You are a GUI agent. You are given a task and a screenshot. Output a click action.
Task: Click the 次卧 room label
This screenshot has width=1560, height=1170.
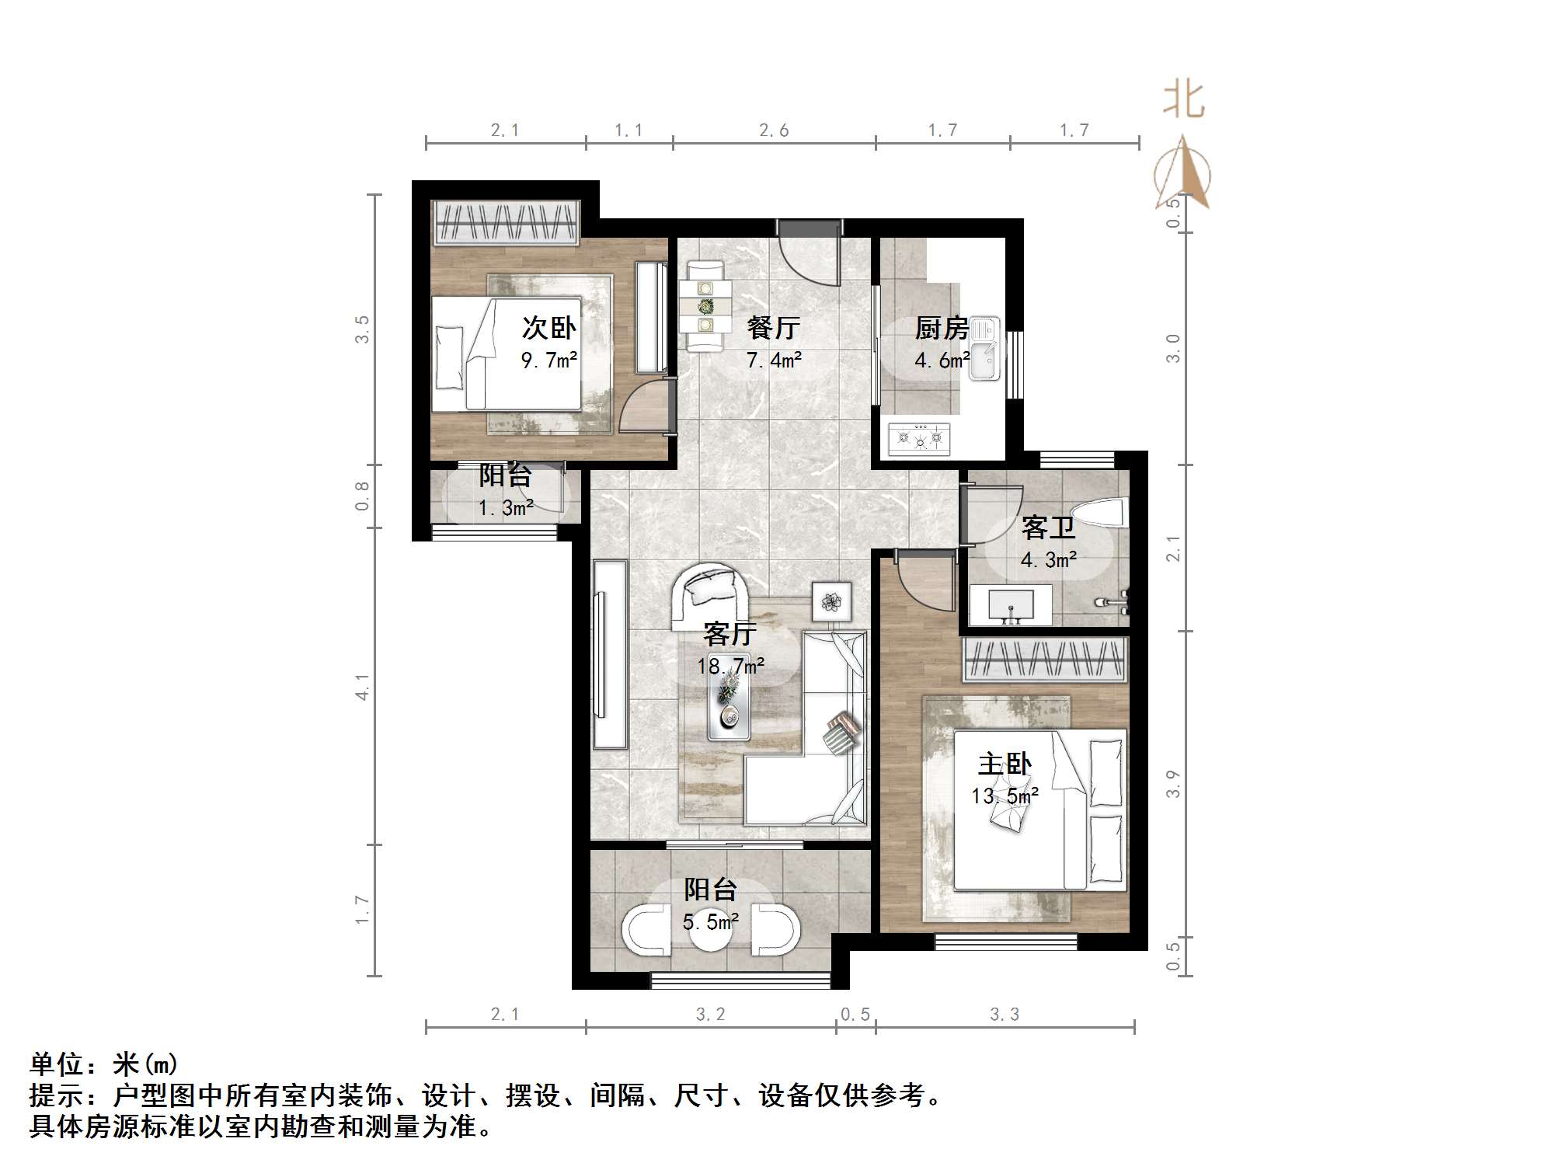point(548,328)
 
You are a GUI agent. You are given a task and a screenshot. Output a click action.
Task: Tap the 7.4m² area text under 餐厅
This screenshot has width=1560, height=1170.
point(774,360)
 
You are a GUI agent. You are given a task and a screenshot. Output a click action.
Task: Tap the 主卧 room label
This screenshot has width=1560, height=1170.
point(1005,764)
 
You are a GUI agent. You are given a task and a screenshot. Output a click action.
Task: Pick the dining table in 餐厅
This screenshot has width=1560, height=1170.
point(705,306)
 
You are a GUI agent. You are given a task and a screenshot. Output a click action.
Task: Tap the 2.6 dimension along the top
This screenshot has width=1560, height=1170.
point(774,131)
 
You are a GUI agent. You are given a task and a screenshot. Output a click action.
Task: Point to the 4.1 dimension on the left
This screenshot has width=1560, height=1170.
point(362,687)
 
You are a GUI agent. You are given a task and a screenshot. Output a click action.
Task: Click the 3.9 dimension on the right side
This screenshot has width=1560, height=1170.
point(1172,783)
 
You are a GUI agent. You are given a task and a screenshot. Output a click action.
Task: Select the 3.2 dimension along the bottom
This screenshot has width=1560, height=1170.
point(710,1014)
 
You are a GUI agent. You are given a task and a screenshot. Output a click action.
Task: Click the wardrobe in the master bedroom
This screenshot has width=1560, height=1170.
point(1045,660)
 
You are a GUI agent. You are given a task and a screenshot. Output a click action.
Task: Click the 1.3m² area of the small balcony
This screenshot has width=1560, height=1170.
point(506,509)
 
